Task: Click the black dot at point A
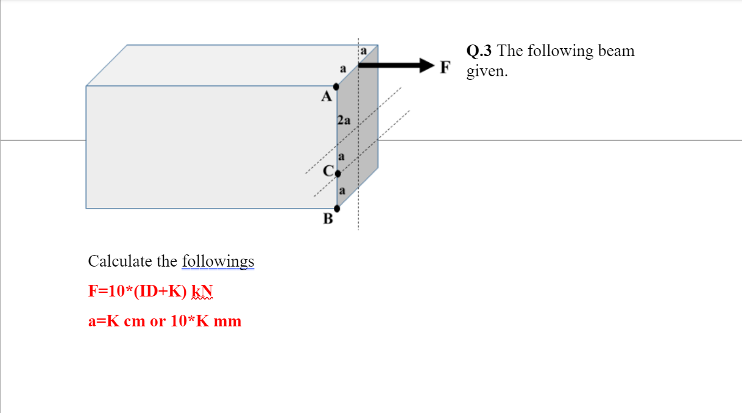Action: click(x=336, y=87)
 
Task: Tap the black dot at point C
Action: click(x=337, y=173)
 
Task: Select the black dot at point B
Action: click(x=337, y=209)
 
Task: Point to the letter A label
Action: click(x=327, y=96)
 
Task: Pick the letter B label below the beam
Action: click(x=328, y=219)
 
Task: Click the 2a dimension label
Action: click(x=344, y=120)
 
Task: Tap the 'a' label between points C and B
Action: click(x=342, y=191)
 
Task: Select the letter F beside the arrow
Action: click(x=445, y=66)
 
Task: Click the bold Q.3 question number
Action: click(x=480, y=51)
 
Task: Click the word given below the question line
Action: click(x=487, y=71)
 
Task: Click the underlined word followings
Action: click(x=218, y=261)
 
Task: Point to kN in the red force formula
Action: click(x=200, y=291)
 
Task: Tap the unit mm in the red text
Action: click(x=228, y=321)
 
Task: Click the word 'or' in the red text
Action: click(x=157, y=321)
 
